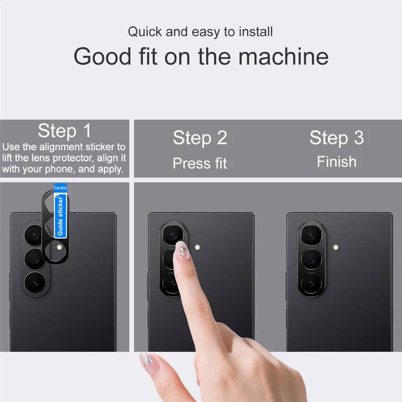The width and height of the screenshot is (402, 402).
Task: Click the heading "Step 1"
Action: pos(64,131)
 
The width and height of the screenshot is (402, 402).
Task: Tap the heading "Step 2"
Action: pos(200,137)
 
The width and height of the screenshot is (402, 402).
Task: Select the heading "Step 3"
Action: pos(336,137)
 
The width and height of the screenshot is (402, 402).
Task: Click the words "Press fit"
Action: pos(200,163)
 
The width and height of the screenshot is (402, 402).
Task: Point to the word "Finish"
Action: pos(336,161)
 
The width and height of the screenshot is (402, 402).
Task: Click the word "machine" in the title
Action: pos(283,56)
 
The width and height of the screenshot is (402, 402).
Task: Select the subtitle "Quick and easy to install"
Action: pos(200,32)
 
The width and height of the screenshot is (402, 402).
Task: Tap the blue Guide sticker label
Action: pos(60,215)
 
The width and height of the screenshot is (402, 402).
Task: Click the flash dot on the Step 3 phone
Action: pos(335,247)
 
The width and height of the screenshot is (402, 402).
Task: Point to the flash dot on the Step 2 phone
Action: pos(197,247)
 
